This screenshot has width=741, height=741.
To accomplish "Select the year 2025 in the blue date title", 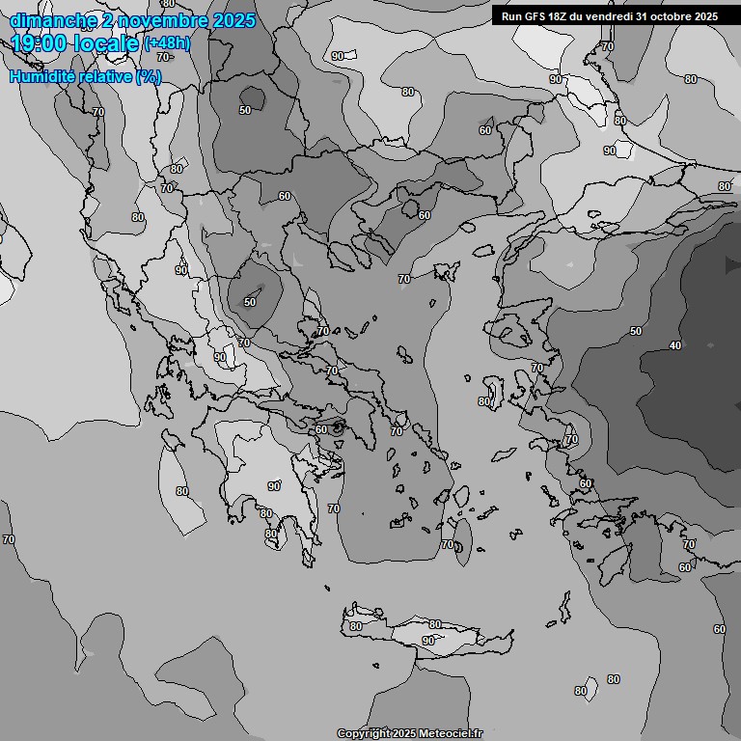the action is tap(233, 20).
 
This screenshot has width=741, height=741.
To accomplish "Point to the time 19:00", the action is tap(40, 44).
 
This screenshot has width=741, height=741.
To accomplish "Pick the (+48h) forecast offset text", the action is tap(167, 43).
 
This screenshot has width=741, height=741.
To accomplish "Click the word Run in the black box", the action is tap(511, 16).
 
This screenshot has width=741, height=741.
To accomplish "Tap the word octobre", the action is tap(675, 16).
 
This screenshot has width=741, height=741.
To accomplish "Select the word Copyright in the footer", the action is tap(364, 734).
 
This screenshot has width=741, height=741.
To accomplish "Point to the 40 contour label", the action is tap(675, 345).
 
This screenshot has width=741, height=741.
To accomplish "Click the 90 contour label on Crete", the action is tap(427, 641).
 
